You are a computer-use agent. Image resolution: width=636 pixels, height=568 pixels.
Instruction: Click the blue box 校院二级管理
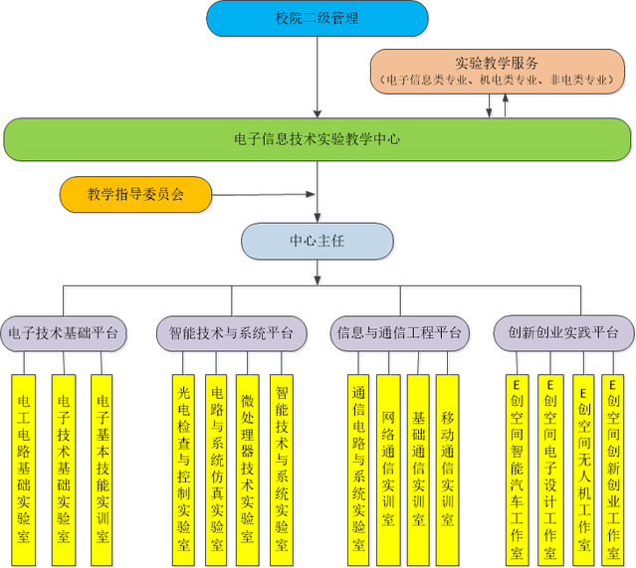tap(317, 18)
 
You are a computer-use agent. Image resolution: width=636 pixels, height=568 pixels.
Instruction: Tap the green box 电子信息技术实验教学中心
tap(317, 139)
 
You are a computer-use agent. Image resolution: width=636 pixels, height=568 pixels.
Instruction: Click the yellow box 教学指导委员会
tap(136, 195)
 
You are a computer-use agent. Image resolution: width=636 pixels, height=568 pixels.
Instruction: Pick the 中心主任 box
tap(317, 241)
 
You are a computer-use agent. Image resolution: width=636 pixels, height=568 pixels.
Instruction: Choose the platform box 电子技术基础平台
tap(63, 332)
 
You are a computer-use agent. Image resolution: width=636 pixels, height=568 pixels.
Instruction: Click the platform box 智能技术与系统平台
tap(231, 332)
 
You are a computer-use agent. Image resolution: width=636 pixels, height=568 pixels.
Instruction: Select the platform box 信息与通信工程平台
tap(398, 332)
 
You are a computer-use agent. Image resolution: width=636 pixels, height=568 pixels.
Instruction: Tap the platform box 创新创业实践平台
tap(563, 332)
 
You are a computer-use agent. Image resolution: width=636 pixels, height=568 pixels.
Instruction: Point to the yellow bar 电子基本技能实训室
tap(101, 463)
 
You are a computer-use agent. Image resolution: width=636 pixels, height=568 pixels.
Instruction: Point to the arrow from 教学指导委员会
tap(264, 195)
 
